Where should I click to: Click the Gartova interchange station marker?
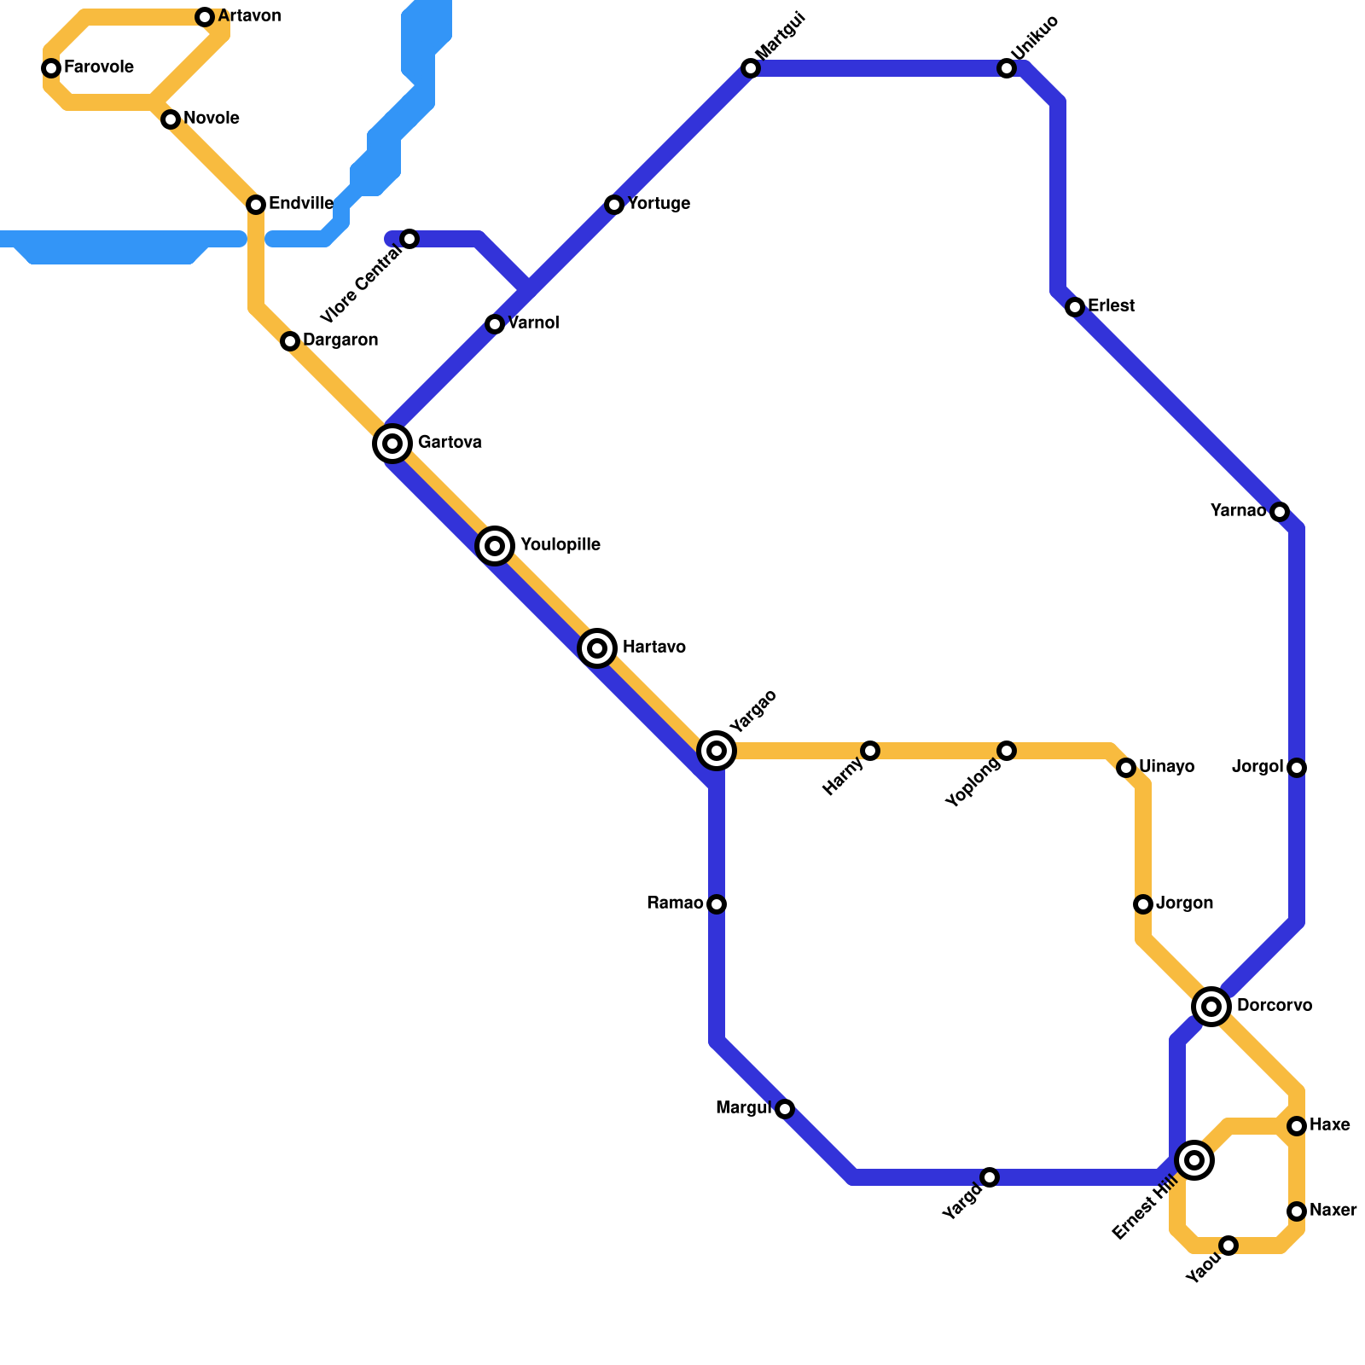[x=392, y=444]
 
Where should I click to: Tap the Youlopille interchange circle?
[x=495, y=545]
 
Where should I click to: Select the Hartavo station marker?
[x=597, y=648]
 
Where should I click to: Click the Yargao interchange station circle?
[x=717, y=751]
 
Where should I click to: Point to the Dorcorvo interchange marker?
[x=1211, y=1007]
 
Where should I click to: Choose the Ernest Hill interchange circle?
[x=1194, y=1160]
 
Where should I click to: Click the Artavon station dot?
[x=205, y=17]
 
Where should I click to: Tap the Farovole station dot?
[x=51, y=68]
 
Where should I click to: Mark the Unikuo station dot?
[x=1007, y=68]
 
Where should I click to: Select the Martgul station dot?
[x=751, y=68]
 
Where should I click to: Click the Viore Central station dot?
[x=409, y=239]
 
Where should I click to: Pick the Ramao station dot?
[x=717, y=904]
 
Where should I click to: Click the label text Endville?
[x=300, y=204]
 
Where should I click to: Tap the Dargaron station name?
[x=340, y=340]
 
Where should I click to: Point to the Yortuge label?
[x=659, y=204]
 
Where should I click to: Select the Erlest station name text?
[x=1111, y=306]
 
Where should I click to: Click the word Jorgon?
[x=1184, y=903]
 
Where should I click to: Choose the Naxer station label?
[x=1333, y=1211]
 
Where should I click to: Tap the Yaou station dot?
[x=1228, y=1246]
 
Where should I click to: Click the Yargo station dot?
[x=990, y=1177]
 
